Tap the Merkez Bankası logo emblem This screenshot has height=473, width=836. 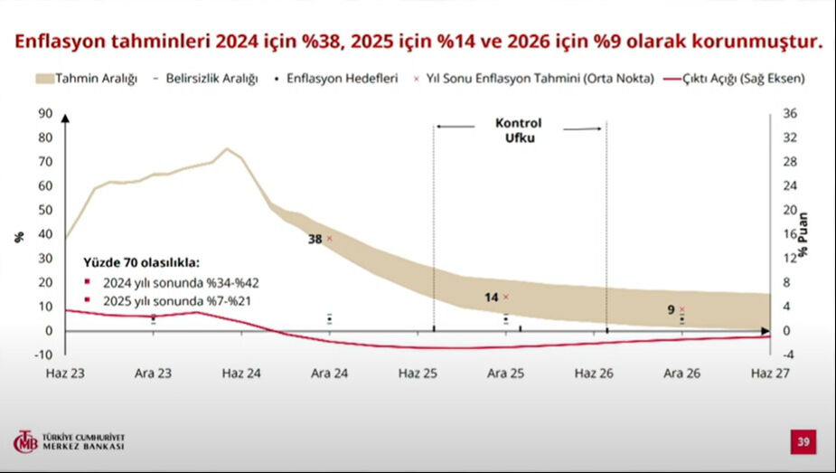point(24,441)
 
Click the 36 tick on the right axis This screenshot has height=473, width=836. point(789,114)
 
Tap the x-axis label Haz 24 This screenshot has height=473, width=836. point(240,373)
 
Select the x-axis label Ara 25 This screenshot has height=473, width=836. point(506,373)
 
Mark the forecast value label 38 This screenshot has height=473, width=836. point(315,239)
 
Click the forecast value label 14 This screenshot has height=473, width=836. point(492,297)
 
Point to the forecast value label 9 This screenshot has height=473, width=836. point(671,309)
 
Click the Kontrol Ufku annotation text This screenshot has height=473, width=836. point(519,131)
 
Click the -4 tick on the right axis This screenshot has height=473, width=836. point(788,355)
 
